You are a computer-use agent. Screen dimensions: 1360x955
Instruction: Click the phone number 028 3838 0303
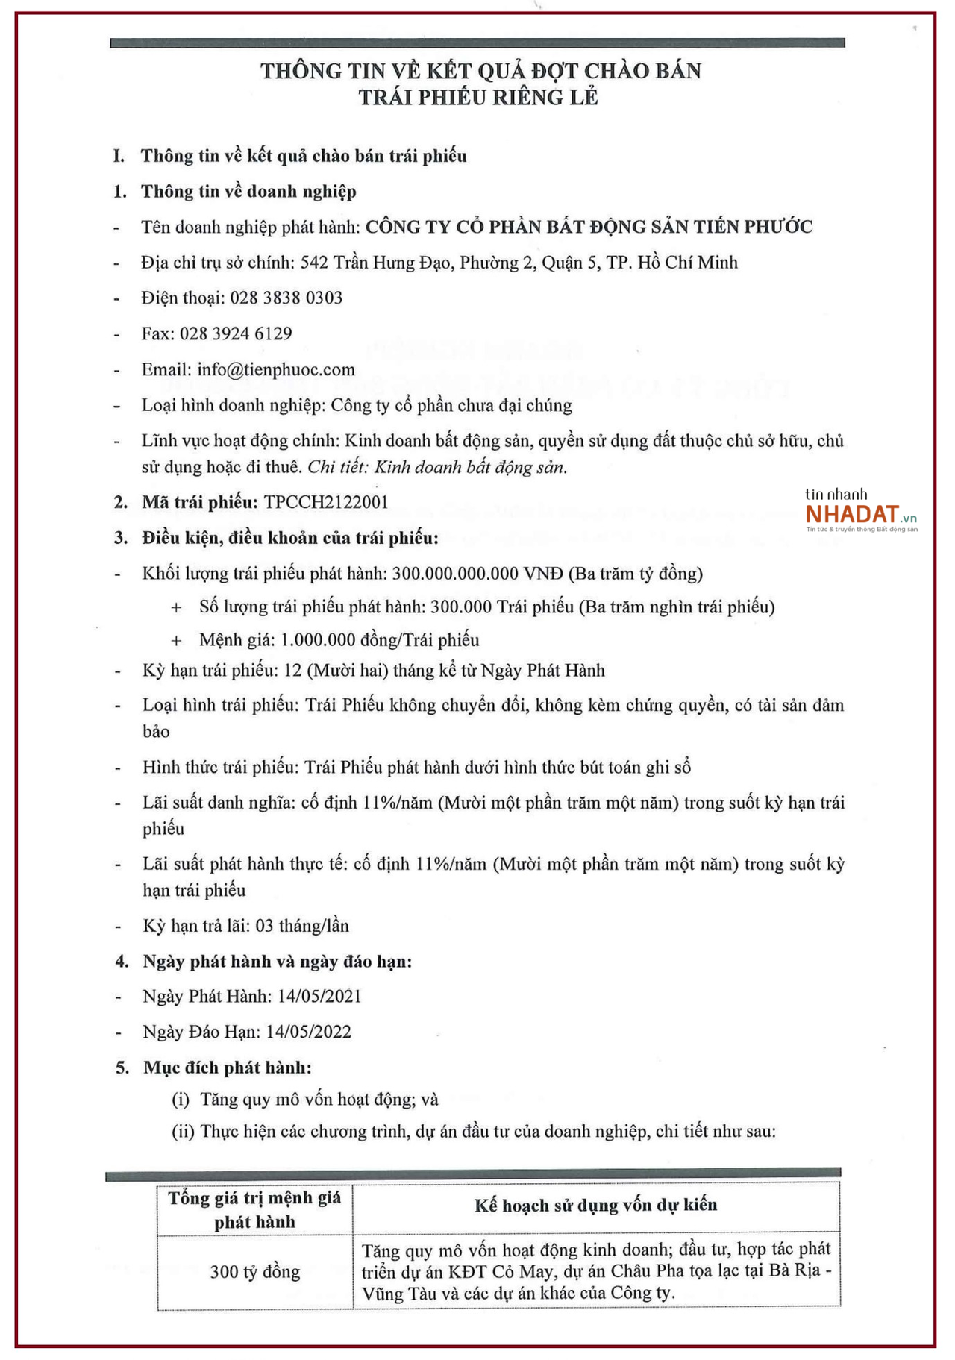286,298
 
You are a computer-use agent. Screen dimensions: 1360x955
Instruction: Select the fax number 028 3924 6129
236,333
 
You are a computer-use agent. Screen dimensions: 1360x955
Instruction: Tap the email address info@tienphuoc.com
276,369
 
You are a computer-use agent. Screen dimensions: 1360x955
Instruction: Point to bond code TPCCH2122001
326,502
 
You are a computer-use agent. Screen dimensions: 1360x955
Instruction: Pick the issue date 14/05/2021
319,996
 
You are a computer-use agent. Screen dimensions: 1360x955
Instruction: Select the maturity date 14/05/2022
308,1032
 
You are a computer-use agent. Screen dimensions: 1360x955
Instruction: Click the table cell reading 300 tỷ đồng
254,1271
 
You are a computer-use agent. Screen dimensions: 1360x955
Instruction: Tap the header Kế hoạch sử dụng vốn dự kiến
595,1205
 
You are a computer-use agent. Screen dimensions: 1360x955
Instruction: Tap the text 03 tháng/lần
302,926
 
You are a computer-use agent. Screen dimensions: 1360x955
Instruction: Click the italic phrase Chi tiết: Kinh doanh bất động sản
437,467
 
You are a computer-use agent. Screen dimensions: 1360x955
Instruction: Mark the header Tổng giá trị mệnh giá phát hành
254,1209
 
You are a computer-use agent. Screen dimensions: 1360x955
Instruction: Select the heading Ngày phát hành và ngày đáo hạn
277,961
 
